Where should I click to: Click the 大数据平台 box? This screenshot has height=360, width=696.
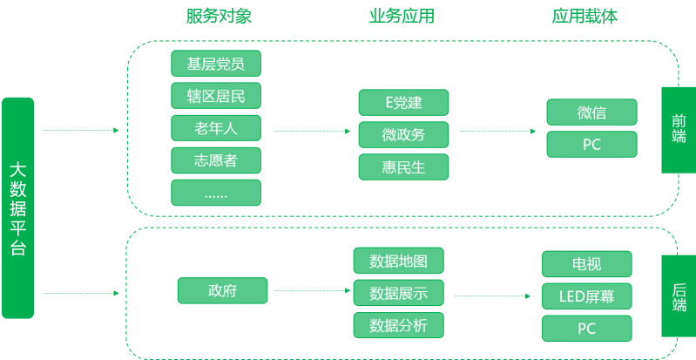pos(17,207)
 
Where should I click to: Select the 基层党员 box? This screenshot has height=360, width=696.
pos(216,64)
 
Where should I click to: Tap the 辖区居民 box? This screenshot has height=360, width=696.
pos(216,96)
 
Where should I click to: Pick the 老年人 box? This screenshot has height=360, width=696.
pos(216,128)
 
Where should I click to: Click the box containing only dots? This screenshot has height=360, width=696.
pos(216,193)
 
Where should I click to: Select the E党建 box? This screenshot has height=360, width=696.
pos(403,103)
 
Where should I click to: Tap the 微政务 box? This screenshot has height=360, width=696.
pos(403,134)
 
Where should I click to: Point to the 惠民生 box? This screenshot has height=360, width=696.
pos(403,166)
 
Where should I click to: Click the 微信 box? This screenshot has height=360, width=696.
pos(591,112)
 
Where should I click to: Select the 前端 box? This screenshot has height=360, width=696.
pos(679,129)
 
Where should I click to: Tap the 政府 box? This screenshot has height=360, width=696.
pos(222,291)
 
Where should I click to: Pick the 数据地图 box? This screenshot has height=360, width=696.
pos(398,261)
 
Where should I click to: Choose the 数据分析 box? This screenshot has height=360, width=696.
pos(398,326)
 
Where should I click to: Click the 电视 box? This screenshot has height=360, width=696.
pos(586,264)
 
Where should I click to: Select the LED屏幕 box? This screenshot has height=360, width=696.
pos(586,296)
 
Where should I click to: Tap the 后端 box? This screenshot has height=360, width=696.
pos(679,295)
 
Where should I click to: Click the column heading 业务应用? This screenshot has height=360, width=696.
pos(402,17)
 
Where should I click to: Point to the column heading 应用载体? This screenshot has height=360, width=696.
pos(585,17)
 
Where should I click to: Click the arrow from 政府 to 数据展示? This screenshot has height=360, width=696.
pos(309,291)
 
